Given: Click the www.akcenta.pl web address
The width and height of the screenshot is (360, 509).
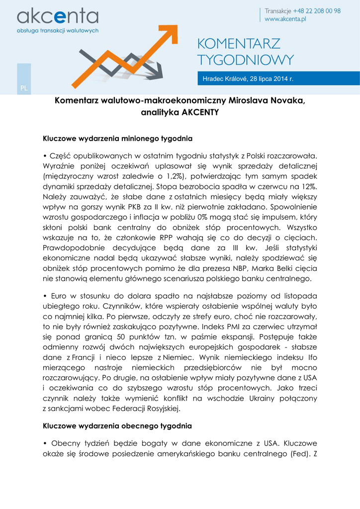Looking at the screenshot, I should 285,19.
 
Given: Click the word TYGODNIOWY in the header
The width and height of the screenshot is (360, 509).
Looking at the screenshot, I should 246,60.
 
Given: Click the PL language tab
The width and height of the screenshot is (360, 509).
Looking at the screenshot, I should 24,88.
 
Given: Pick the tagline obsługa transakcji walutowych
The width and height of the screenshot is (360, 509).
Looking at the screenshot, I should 58,30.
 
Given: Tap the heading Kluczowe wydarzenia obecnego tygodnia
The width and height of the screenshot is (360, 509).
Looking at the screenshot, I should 117,426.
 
